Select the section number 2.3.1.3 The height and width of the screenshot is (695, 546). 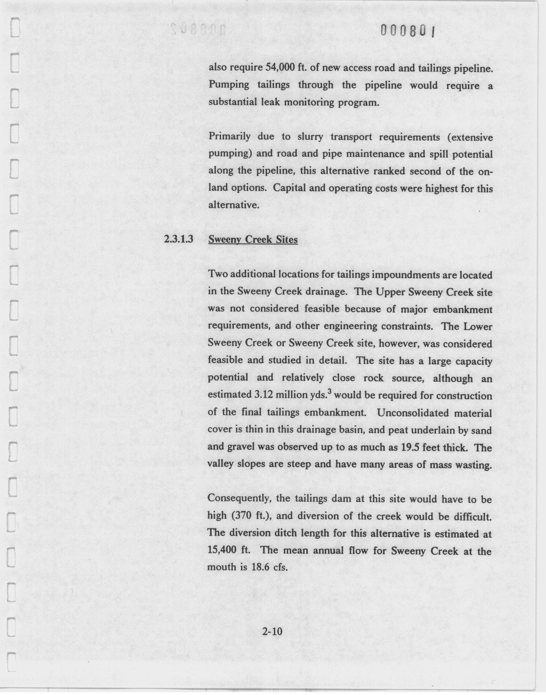(x=179, y=239)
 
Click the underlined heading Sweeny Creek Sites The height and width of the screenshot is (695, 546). (x=253, y=239)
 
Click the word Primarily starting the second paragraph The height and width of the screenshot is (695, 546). (x=229, y=137)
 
